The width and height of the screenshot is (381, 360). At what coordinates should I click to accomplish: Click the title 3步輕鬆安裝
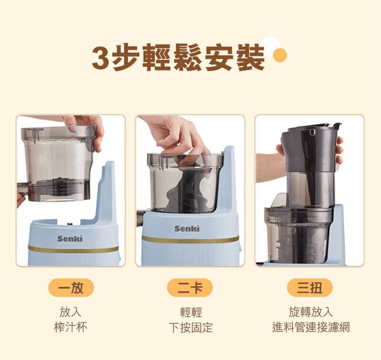point(178,57)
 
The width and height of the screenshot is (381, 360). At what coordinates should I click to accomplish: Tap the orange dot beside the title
point(280,55)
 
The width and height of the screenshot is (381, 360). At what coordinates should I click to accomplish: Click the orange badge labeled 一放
point(71,288)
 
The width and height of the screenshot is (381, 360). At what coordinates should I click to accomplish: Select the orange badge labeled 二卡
point(190,288)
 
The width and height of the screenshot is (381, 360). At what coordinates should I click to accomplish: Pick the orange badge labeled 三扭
point(310,288)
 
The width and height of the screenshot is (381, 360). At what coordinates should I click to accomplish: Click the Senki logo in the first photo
point(70,239)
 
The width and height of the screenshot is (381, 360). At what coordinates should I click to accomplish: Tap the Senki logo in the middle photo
point(187,229)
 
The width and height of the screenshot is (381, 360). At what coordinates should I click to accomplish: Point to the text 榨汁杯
point(70,327)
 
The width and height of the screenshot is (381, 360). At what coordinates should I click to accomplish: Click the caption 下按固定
point(191,328)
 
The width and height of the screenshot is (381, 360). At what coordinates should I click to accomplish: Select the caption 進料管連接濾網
point(311,327)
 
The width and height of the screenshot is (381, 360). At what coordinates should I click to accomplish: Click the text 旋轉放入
point(311,312)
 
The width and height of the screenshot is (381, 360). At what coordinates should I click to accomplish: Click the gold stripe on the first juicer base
point(73,249)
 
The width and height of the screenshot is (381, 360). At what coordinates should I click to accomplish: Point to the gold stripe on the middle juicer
point(190,239)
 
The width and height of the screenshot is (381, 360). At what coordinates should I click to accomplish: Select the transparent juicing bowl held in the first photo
point(58,163)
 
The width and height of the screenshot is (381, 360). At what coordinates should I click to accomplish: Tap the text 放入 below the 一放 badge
point(70,312)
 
